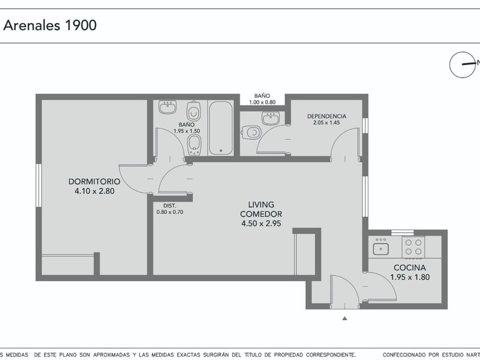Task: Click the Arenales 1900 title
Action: [x=50, y=25]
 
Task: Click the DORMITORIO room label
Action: [x=94, y=182]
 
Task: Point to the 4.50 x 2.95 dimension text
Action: [x=261, y=223]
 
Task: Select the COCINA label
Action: [x=410, y=267]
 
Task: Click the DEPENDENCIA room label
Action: [x=327, y=117]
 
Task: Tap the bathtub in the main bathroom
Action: [x=220, y=128]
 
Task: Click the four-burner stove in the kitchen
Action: [x=413, y=247]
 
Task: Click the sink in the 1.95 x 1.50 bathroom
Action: [x=167, y=107]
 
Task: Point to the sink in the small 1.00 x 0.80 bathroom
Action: [x=271, y=118]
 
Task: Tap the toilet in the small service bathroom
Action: [x=251, y=133]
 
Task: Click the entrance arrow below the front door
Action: [x=345, y=318]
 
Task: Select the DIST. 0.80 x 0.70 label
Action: [x=170, y=209]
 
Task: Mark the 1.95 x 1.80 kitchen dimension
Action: [x=410, y=277]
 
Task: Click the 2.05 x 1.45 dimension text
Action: [x=327, y=123]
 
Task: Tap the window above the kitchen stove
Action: [x=402, y=233]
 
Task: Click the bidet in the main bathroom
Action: [x=194, y=145]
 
